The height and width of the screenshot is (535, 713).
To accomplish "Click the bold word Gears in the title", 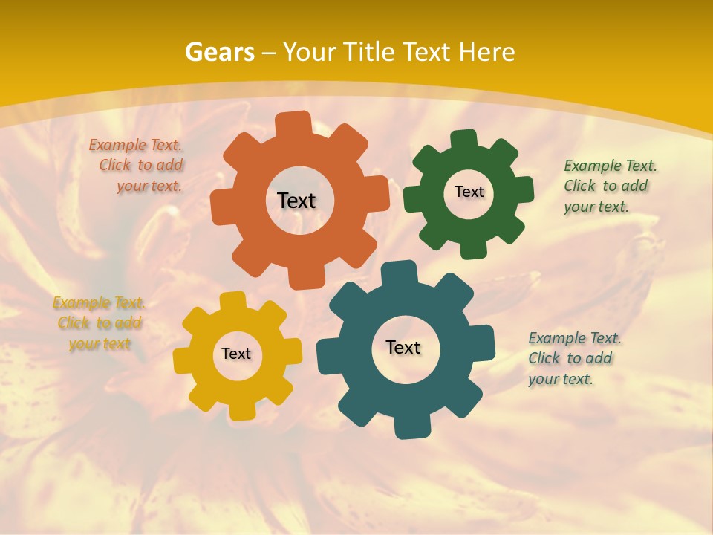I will (x=219, y=52).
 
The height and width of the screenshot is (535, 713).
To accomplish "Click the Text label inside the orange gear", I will (x=296, y=201).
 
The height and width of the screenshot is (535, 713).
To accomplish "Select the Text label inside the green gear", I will (x=469, y=192).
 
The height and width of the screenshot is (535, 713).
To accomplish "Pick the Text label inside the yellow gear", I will (x=236, y=354).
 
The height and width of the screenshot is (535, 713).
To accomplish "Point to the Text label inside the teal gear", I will (x=403, y=348).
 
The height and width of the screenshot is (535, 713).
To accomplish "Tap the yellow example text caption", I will (x=99, y=323).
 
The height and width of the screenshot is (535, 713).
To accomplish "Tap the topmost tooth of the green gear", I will (x=463, y=138).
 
